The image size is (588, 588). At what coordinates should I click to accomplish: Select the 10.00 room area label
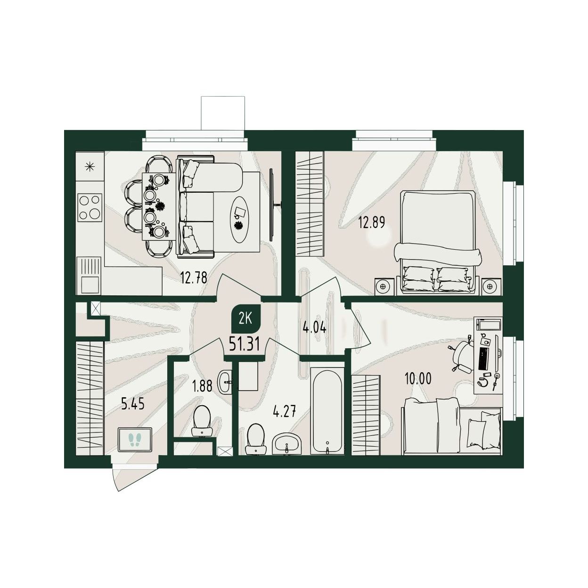click(418, 379)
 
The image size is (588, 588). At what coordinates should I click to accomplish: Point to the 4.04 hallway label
click(314, 328)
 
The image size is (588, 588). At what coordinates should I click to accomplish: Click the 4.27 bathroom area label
click(285, 412)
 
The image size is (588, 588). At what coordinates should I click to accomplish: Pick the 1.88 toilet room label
click(202, 386)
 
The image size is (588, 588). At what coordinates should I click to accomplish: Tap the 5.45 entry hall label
click(132, 405)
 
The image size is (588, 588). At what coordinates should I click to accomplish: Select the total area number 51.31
click(244, 345)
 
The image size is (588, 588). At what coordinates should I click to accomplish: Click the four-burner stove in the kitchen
click(90, 208)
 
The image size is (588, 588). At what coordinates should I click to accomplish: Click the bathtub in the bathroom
click(327, 411)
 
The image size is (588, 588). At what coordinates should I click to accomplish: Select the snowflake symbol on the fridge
click(90, 167)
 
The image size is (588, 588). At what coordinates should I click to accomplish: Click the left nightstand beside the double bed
click(383, 286)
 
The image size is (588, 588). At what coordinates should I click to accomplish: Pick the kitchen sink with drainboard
click(89, 275)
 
